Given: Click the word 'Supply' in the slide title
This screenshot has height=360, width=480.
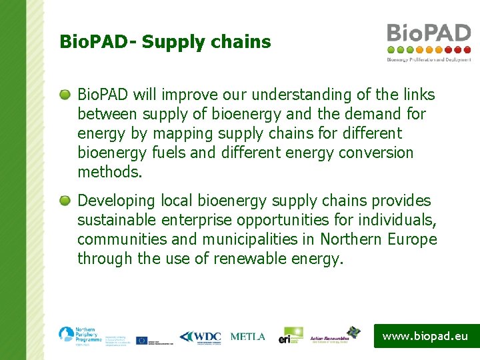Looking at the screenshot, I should click(172, 43).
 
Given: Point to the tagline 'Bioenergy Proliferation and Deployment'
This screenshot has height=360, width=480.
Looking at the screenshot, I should click(429, 59).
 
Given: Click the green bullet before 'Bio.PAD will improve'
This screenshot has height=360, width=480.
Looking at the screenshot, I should click(65, 95).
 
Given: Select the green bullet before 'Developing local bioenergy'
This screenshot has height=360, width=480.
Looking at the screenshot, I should click(65, 201).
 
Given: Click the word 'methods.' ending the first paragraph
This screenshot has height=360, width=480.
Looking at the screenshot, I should click(110, 173).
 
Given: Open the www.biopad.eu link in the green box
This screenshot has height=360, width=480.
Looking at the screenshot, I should click(425, 336).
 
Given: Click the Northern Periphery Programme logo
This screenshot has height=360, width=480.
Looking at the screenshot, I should click(80, 335).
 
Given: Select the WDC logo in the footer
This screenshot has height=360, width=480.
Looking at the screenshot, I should click(199, 337).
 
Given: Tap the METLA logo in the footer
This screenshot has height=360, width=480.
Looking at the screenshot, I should click(247, 337).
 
